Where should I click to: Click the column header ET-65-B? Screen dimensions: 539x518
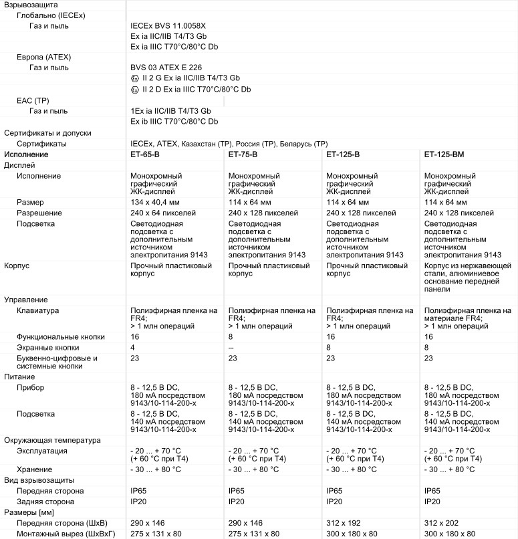(145, 154)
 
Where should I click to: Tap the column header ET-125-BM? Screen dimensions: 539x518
(444, 154)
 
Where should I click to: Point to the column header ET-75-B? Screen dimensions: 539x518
(243, 154)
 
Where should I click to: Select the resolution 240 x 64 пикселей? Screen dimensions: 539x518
(163, 213)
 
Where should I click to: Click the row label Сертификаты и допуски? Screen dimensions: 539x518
(47, 133)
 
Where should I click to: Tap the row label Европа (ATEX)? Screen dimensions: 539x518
(44, 57)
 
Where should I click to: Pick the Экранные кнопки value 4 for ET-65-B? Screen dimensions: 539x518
(133, 348)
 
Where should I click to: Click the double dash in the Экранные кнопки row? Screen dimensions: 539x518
(231, 348)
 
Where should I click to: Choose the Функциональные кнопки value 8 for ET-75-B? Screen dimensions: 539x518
(231, 337)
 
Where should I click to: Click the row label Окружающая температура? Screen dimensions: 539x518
(52, 440)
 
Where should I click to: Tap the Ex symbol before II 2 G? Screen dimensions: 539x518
(135, 78)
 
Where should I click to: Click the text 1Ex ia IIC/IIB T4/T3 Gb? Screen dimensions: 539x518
(171, 111)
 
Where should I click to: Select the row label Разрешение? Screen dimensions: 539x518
(39, 213)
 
